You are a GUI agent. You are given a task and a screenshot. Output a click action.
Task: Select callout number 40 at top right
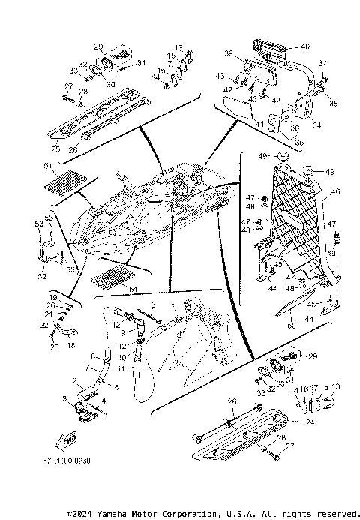click(304, 47)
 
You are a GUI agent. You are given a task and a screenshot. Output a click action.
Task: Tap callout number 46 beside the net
click(335, 193)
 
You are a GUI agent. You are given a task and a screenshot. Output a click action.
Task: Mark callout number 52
click(43, 275)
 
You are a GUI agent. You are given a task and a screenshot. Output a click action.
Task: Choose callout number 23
click(54, 347)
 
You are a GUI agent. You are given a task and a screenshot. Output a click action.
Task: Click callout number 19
click(54, 297)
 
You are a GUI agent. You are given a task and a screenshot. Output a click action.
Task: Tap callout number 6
click(154, 305)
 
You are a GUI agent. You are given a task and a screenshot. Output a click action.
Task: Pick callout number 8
click(94, 356)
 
